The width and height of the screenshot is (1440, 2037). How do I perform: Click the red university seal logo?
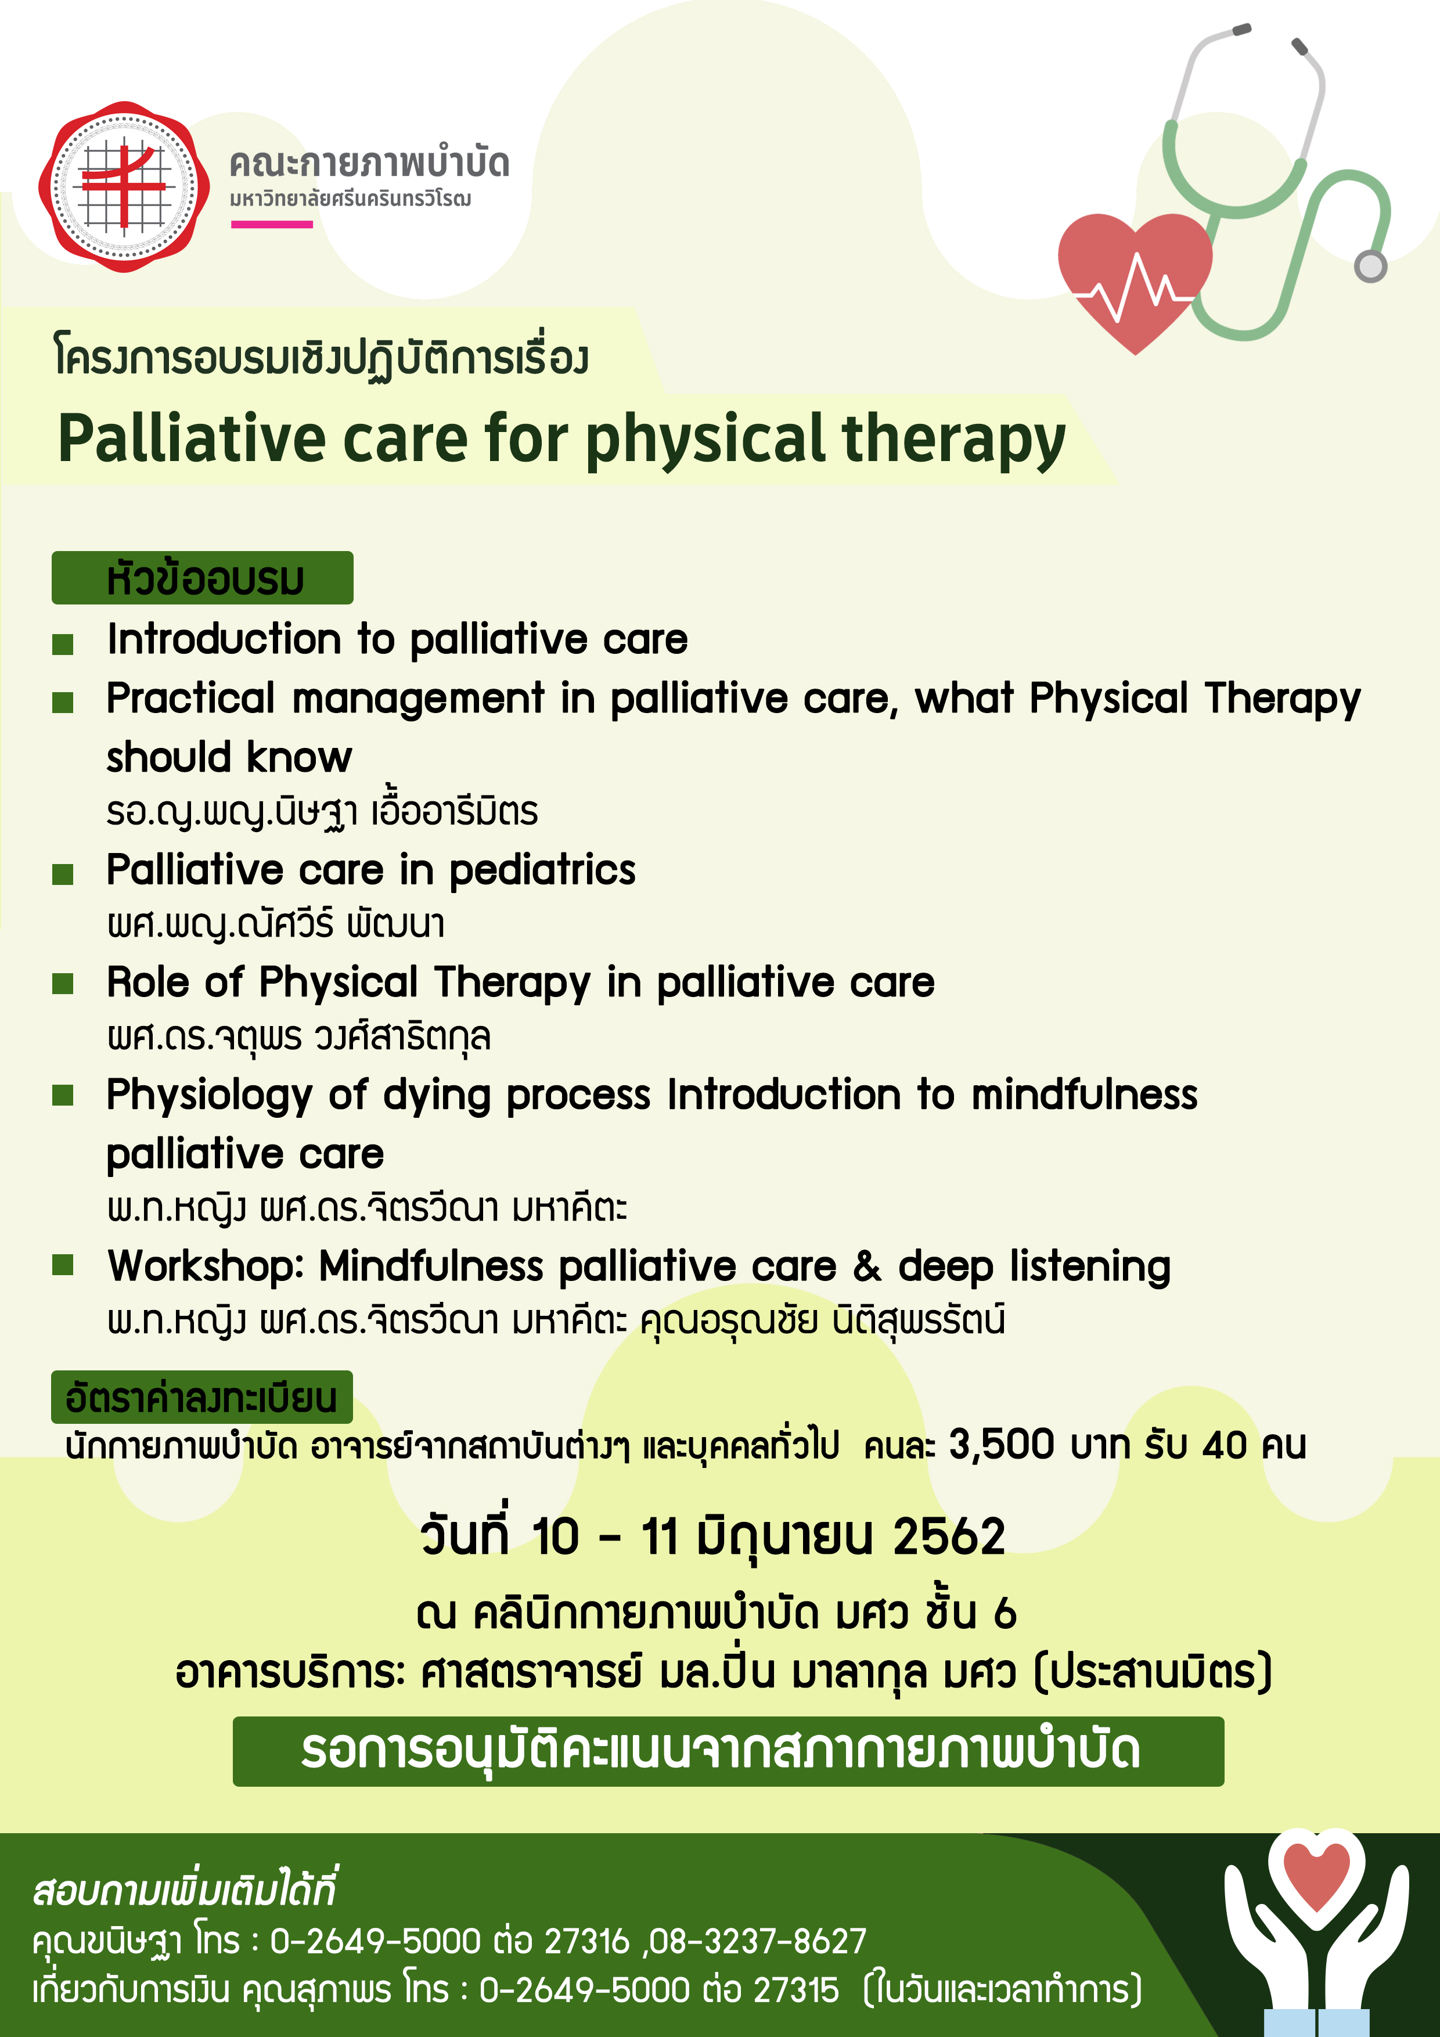click(x=124, y=187)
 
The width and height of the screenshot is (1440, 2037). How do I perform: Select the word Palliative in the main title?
click(x=192, y=439)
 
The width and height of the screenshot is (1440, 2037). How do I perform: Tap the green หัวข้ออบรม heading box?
click(x=202, y=578)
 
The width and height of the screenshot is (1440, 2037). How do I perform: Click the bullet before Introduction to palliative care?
click(x=62, y=644)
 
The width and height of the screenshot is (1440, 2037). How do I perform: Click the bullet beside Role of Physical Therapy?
click(x=62, y=983)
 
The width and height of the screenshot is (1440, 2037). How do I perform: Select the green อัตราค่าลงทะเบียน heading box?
click(x=202, y=1397)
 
